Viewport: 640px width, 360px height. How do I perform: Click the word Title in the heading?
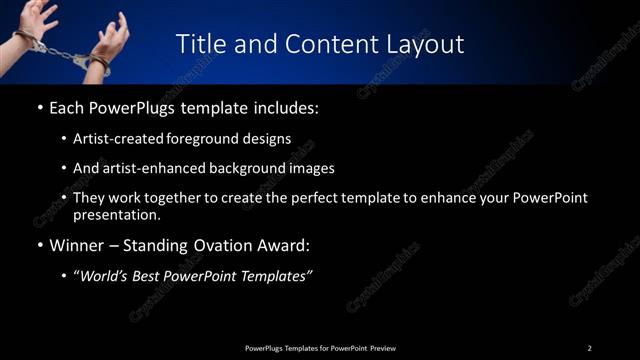[x=198, y=44]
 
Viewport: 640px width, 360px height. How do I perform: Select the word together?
[x=171, y=198]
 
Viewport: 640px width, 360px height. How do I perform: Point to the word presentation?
[x=116, y=214]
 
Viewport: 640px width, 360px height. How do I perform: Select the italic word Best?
[x=150, y=276]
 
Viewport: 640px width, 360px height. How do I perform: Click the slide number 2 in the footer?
[x=589, y=348]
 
